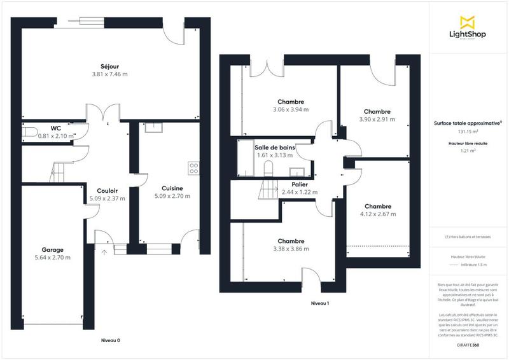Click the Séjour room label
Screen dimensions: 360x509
coord(109,66)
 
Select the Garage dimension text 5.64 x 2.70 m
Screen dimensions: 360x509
coord(53,258)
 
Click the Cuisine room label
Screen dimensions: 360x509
coord(172,188)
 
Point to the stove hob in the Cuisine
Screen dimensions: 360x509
coord(193,169)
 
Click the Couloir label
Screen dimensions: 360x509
coord(108,190)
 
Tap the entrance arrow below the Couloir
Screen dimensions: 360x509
coord(104,252)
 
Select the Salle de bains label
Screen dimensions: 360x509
coord(275,147)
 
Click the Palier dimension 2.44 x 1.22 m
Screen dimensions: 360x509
coord(300,192)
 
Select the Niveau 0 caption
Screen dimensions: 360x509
coord(111,340)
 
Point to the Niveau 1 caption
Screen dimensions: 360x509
coord(319,303)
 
